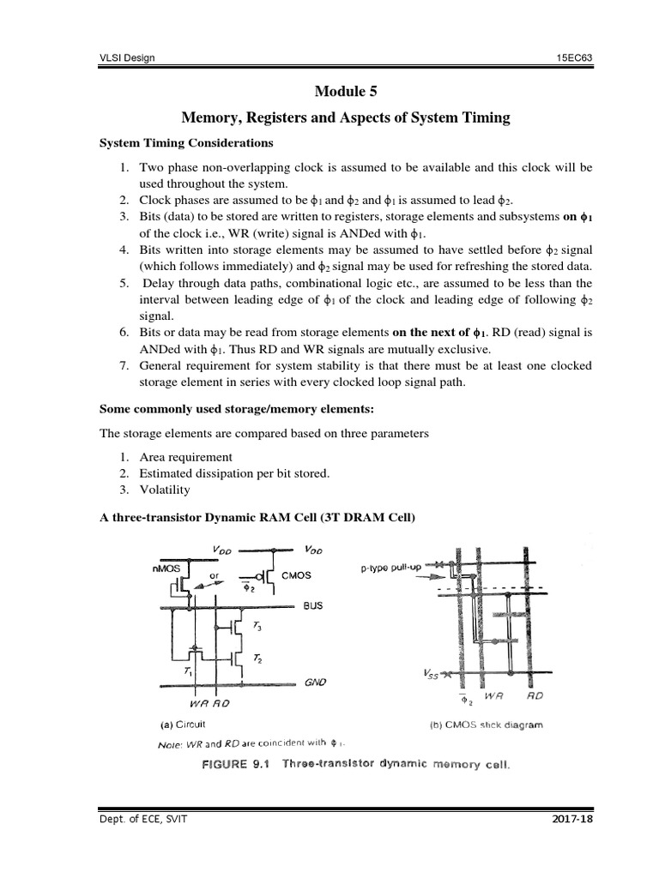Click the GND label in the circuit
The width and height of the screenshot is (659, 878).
point(316,683)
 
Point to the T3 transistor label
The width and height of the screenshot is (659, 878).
point(258,627)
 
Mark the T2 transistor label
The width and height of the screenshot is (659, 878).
point(258,658)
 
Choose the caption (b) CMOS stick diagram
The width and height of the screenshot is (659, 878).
point(486,725)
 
